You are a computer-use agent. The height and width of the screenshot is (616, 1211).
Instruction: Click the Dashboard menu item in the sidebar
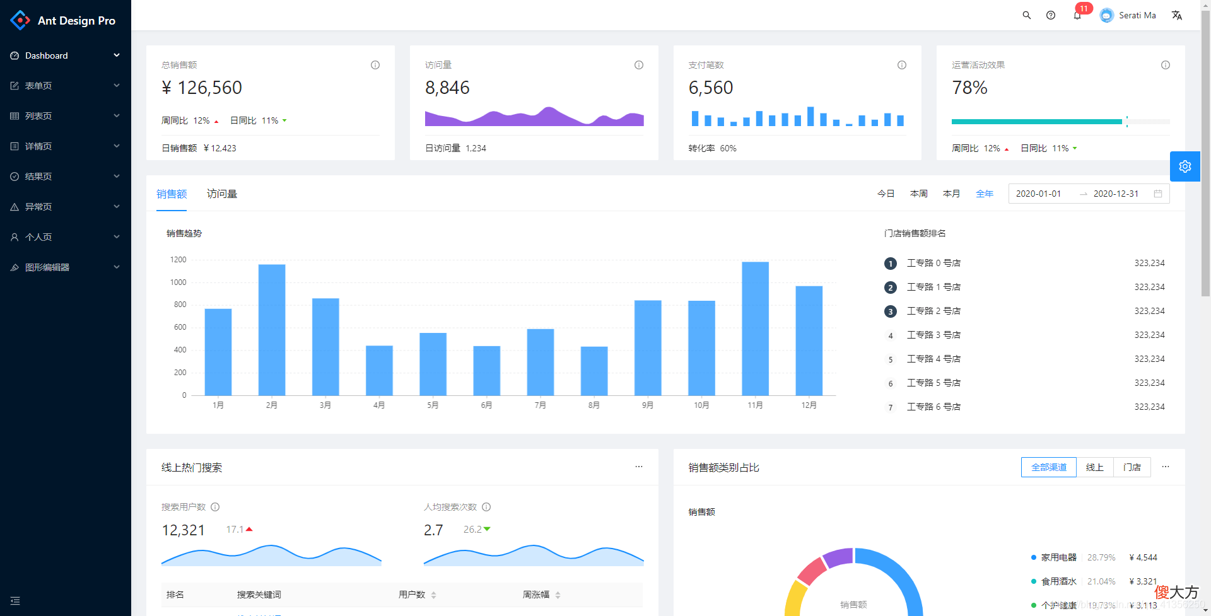click(46, 55)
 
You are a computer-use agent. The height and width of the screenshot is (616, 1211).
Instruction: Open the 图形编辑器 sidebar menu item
click(47, 267)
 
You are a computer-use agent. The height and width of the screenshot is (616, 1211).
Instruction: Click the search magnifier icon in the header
click(1027, 15)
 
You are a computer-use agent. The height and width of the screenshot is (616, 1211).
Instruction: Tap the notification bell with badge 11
click(1077, 15)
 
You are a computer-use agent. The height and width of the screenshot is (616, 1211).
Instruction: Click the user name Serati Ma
click(1137, 15)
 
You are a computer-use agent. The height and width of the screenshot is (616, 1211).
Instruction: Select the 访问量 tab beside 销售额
click(222, 194)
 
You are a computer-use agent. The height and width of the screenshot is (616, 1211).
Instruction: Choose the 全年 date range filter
click(985, 194)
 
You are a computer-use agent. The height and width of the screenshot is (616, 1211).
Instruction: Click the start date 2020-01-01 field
click(1038, 194)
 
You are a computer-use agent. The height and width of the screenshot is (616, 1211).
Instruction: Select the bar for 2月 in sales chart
click(272, 330)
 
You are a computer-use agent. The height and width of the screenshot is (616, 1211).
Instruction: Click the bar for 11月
click(755, 328)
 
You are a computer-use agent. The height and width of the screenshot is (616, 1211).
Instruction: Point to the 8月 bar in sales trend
click(594, 371)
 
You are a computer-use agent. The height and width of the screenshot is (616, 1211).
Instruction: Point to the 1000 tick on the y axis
click(178, 282)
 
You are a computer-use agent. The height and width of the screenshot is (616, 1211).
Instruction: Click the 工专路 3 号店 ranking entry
click(933, 335)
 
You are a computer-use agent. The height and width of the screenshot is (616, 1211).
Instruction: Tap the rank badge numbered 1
click(891, 264)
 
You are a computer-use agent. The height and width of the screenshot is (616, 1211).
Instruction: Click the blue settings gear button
click(1185, 166)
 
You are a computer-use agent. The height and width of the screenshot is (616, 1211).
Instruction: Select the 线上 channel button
click(1095, 467)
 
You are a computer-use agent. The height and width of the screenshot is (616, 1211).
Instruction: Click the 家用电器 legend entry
click(1059, 557)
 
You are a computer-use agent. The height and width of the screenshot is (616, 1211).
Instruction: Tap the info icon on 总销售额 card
click(375, 65)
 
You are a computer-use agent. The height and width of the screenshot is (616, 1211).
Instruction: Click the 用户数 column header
click(412, 595)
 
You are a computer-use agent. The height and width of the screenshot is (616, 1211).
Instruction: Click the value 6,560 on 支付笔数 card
click(711, 88)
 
